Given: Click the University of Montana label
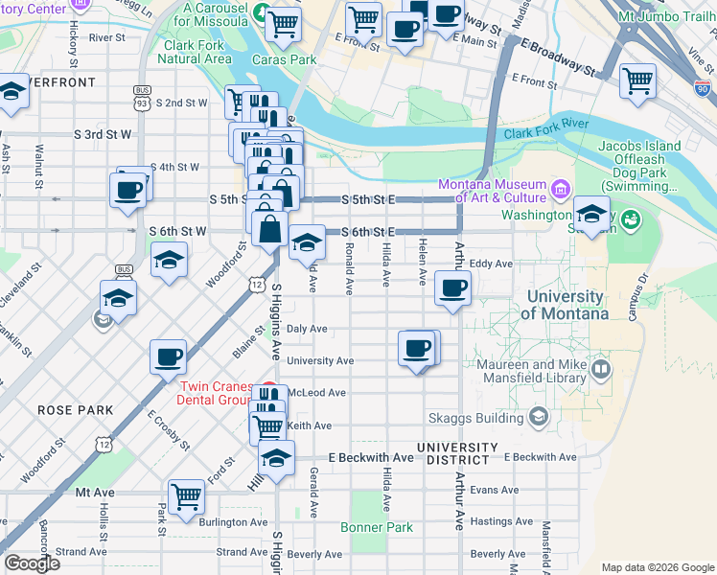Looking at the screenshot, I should [x=566, y=305].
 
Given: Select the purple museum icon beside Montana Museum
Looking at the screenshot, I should [x=560, y=186].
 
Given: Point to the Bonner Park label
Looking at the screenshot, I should [x=377, y=527].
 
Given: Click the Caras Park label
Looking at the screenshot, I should [x=284, y=58].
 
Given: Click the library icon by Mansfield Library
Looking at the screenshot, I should [x=601, y=368].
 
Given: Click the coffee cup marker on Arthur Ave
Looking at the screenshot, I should [x=452, y=287].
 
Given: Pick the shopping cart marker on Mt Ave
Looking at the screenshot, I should [x=186, y=496].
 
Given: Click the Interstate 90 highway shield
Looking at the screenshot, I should [x=703, y=89].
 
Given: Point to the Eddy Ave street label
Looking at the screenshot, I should [x=492, y=264].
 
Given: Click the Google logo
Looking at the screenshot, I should [x=32, y=563].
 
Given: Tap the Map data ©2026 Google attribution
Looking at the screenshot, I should [x=657, y=567].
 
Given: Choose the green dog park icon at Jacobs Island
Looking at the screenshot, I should [x=631, y=220].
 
